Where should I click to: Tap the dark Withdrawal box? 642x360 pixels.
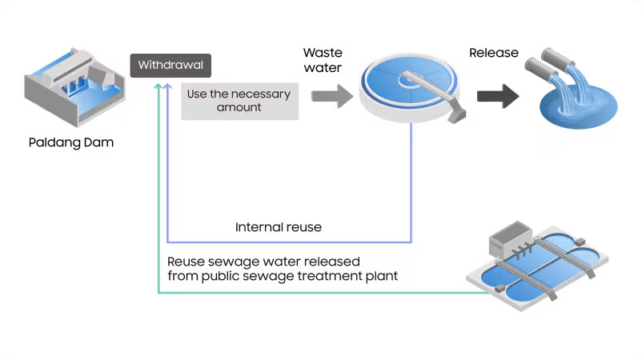coord(171,65)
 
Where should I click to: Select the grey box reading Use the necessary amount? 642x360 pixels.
coord(239,101)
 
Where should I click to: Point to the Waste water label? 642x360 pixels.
coord(323,60)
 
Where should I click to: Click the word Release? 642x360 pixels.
coord(493,54)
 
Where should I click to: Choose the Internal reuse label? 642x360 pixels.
coord(278,227)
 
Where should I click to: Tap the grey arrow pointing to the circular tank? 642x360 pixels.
coord(331,96)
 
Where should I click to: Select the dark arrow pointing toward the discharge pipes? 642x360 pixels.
coord(497,96)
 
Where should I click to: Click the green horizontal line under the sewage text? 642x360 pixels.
coord(320,292)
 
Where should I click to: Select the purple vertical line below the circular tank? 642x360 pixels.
coord(411,184)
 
